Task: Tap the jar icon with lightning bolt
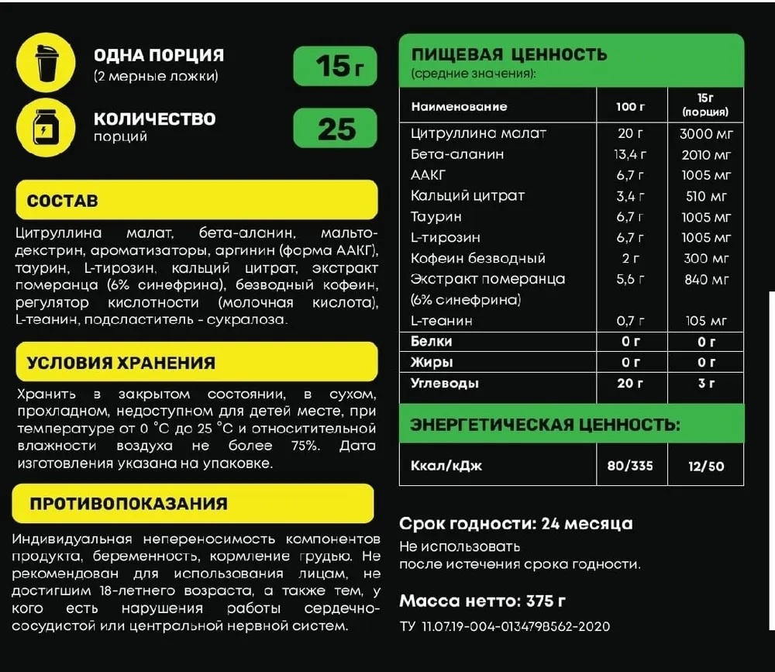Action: click(46, 127)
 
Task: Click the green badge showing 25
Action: click(336, 129)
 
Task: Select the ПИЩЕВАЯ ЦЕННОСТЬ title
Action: click(509, 55)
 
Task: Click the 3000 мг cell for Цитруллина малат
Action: click(706, 133)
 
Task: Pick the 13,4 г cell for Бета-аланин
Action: click(629, 154)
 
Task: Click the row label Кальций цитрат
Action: click(467, 195)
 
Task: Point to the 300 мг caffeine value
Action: click(706, 258)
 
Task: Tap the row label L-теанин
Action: click(442, 320)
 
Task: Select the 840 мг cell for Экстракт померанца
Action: click(706, 279)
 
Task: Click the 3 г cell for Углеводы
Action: click(706, 383)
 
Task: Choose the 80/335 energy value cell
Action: click(629, 466)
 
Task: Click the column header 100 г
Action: click(629, 106)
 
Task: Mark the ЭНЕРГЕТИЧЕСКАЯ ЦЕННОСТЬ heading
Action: click(545, 425)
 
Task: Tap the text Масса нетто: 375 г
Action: click(482, 601)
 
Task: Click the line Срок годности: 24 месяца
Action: click(515, 523)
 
